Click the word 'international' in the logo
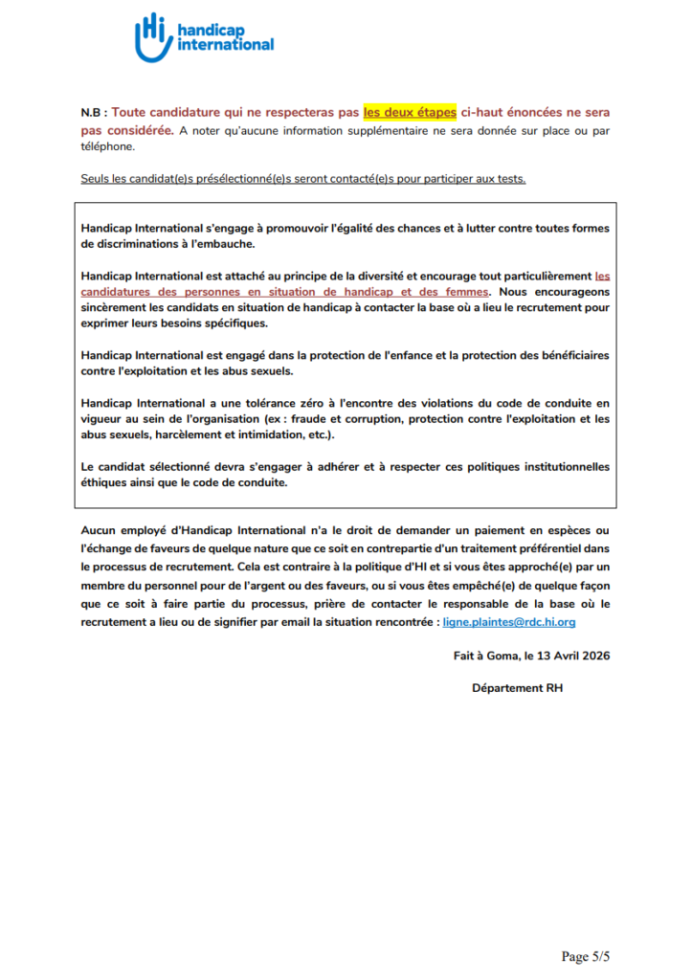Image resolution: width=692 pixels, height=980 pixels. click(226, 44)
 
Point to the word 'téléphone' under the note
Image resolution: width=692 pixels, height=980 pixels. click(108, 147)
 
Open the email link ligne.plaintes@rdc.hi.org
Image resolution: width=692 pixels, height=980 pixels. click(509, 622)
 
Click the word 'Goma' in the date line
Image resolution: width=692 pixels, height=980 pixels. click(507, 656)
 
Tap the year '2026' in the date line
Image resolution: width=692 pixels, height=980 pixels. click(594, 656)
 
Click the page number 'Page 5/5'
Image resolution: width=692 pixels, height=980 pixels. click(586, 956)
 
